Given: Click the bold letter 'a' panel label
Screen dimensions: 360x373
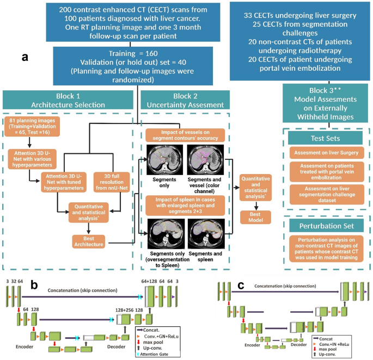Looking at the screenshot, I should (24, 57).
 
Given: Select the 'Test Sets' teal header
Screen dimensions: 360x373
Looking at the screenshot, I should (326, 139).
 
